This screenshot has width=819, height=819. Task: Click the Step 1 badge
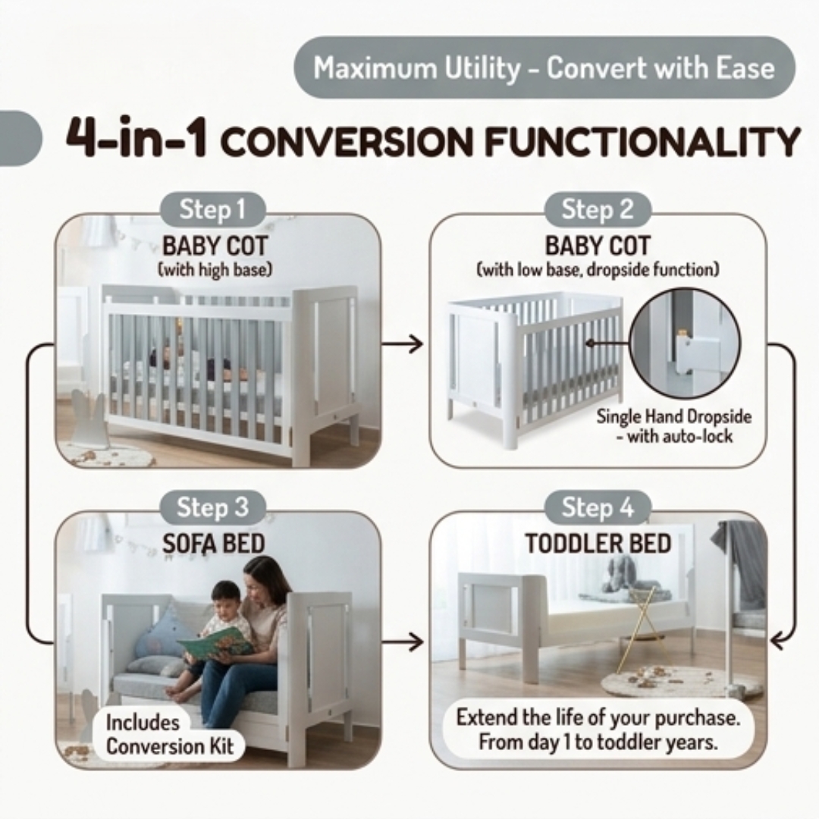pos(212,210)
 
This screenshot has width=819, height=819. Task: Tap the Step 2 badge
pos(598,210)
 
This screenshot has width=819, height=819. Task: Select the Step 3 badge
pos(212,507)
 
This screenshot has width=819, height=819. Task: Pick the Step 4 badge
pos(598,507)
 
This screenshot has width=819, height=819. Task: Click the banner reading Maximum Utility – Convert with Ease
pos(544,67)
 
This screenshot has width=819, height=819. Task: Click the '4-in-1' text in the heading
pos(136,138)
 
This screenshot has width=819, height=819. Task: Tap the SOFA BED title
pos(214,544)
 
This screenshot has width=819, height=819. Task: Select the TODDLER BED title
pos(598,544)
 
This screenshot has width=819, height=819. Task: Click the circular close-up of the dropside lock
pos(685,344)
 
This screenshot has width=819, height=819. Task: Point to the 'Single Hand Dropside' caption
pos(674,417)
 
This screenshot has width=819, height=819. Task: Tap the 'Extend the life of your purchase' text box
pos(598,730)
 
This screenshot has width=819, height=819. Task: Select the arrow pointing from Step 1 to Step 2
pos(402,344)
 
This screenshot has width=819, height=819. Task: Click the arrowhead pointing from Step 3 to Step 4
pos(416,642)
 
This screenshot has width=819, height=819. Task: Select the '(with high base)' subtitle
pos(215,270)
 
